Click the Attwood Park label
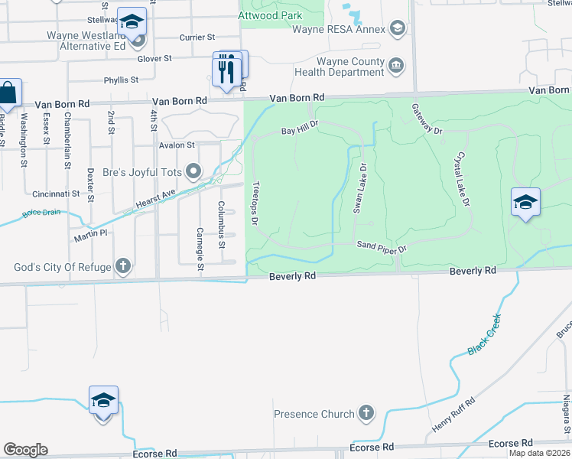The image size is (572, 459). [x=270, y=15]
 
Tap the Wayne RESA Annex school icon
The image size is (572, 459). [x=397, y=30]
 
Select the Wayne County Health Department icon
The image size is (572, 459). [x=396, y=66]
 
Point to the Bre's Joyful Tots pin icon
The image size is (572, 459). [x=193, y=171]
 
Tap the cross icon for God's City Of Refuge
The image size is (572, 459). [x=122, y=267]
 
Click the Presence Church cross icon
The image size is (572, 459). [x=366, y=414]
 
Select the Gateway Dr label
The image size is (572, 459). [x=427, y=120]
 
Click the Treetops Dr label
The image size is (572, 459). [x=253, y=204]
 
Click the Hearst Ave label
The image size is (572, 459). [x=156, y=201]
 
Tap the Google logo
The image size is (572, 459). [x=25, y=450]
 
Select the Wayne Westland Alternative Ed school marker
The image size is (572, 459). [x=132, y=24]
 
